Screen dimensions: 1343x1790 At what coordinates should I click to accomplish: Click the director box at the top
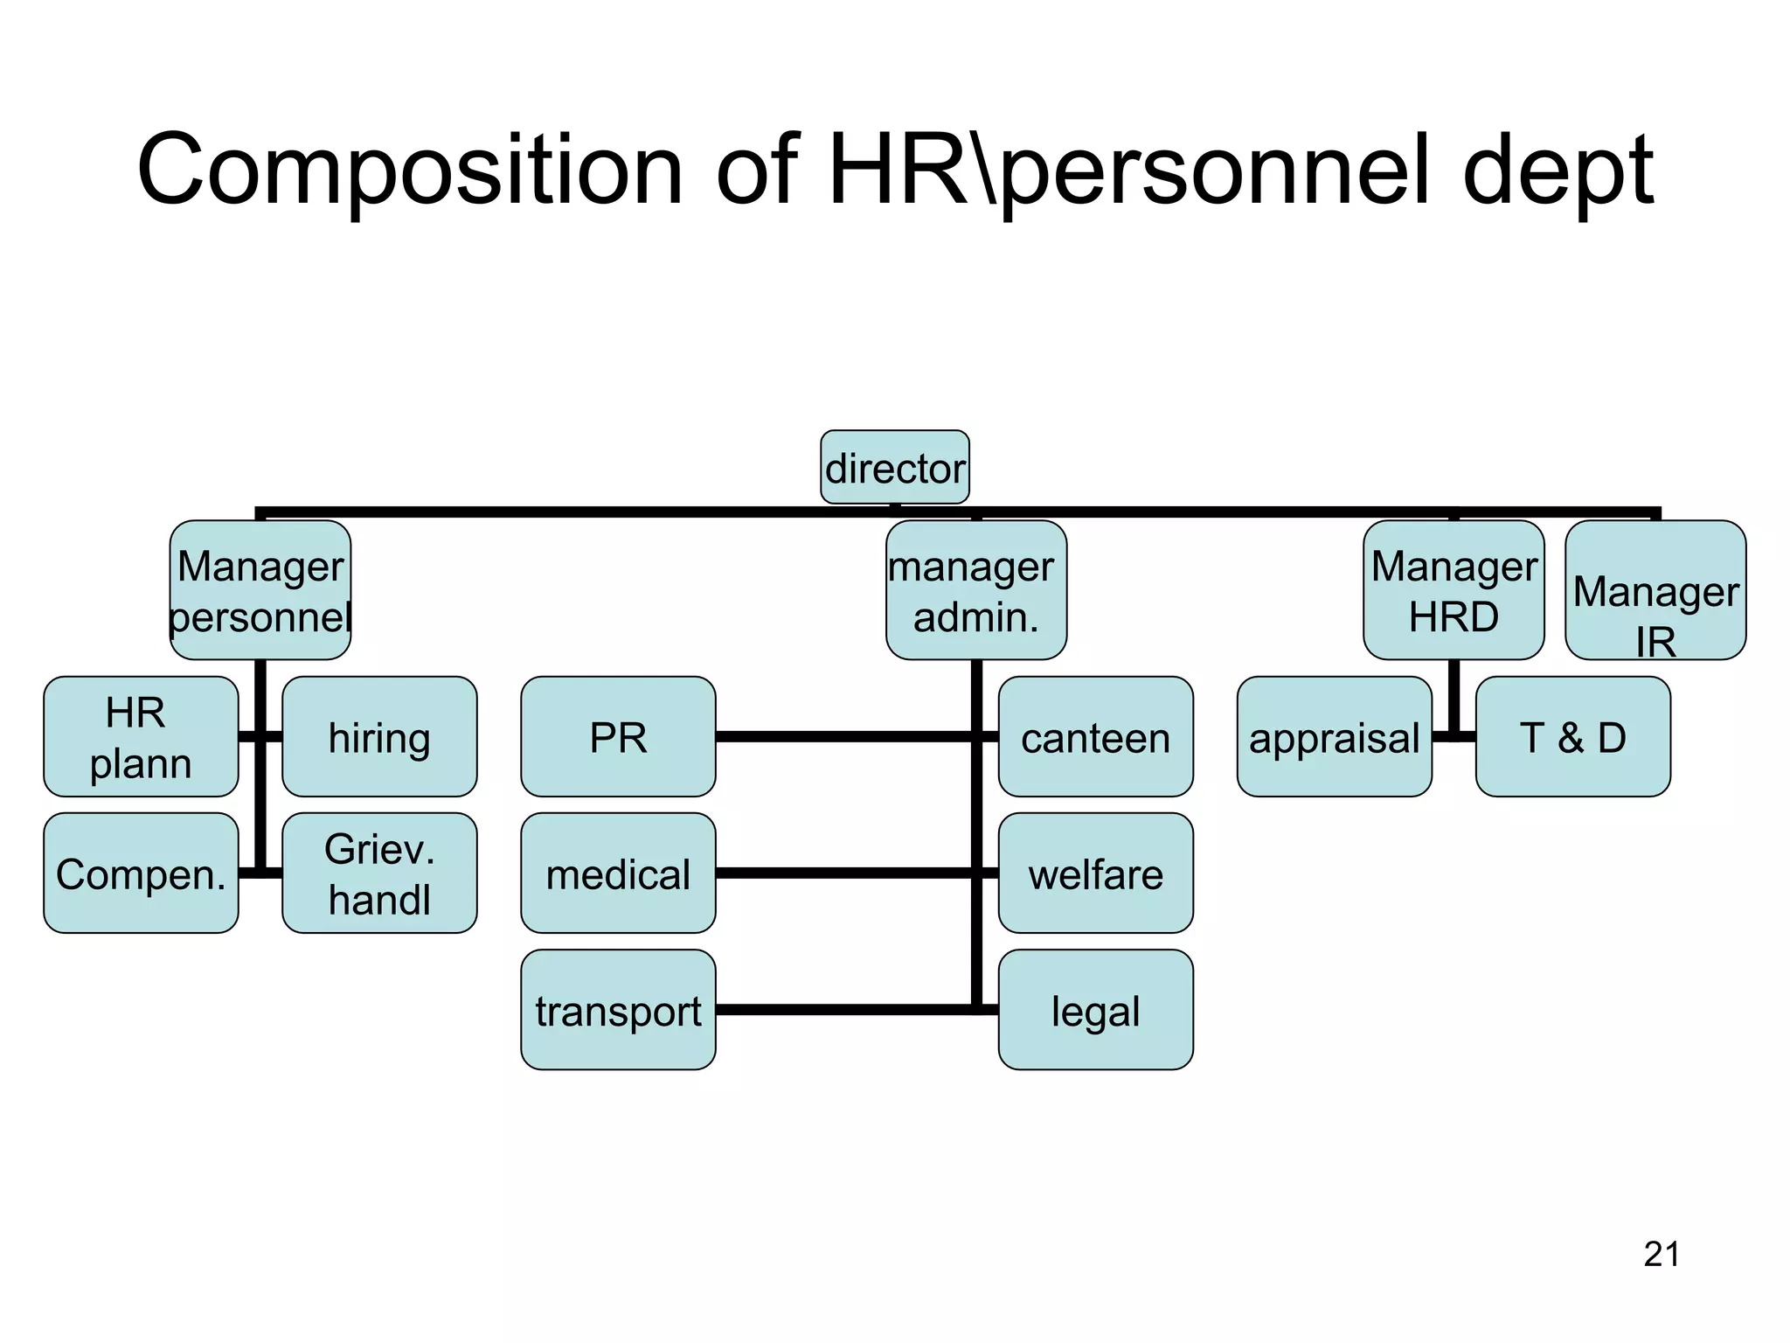pos(895,467)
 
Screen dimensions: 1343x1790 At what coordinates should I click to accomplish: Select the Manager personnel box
pos(260,590)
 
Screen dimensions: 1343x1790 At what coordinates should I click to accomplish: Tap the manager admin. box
pos(976,590)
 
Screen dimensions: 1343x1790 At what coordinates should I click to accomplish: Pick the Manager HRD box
pos(1454,590)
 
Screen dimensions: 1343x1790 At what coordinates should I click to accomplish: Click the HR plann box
pos(141,736)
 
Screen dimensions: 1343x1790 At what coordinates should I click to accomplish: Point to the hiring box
pos(379,736)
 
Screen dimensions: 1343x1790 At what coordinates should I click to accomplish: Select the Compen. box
pos(141,873)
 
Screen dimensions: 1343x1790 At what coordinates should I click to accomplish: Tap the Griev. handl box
pos(379,873)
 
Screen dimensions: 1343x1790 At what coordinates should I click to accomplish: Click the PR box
pos(618,736)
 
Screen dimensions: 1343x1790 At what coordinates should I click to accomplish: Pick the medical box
pos(618,873)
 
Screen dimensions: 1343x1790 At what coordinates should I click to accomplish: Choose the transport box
pos(618,1010)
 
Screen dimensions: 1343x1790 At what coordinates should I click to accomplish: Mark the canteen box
pos(1095,736)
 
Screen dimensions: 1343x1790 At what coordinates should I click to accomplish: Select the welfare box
pos(1095,873)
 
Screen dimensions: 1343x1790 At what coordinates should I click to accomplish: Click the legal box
pos(1095,1010)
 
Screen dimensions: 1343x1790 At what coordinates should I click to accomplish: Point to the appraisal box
pos(1334,736)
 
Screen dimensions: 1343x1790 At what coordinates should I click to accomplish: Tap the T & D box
pos(1572,736)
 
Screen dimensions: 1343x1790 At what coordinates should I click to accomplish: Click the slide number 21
pos(1662,1254)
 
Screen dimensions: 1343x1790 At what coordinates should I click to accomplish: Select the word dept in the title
pos(1558,170)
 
